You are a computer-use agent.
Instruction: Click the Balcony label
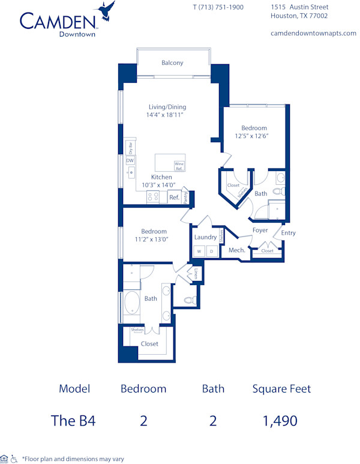(x=172, y=62)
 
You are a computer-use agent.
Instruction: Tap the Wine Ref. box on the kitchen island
(x=179, y=165)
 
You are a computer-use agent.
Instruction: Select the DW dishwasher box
(x=130, y=160)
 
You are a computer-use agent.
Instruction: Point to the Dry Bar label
(x=130, y=148)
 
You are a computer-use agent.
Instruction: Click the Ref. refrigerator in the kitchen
(x=174, y=197)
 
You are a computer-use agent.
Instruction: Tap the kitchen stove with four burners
(x=152, y=197)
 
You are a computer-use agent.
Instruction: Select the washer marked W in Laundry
(x=200, y=252)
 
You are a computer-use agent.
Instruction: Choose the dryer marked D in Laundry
(x=211, y=252)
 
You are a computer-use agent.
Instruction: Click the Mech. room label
(x=236, y=250)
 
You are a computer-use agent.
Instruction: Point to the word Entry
(x=288, y=233)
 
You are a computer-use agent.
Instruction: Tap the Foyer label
(x=260, y=230)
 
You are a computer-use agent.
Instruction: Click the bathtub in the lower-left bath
(x=131, y=304)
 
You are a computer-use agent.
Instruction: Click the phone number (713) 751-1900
(x=218, y=7)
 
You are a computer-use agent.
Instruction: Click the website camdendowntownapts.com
(x=313, y=34)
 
